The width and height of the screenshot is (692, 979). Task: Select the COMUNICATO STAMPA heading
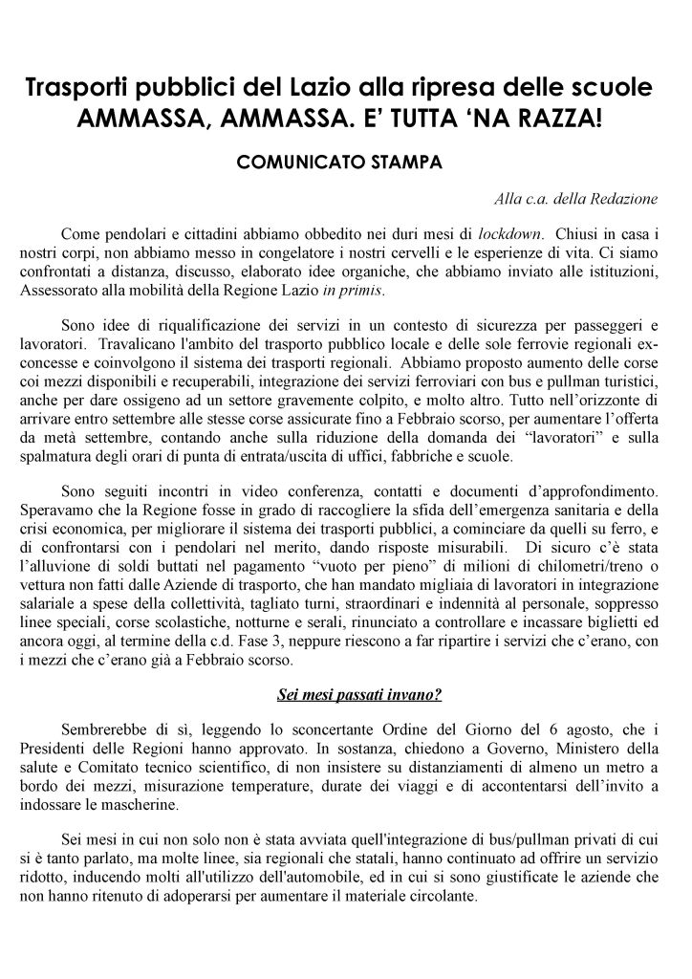[x=339, y=162]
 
